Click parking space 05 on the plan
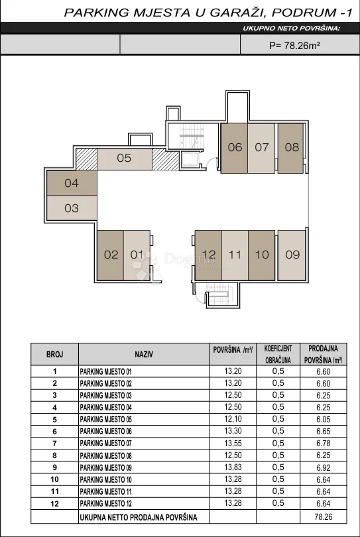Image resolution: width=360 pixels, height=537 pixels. coord(125,159)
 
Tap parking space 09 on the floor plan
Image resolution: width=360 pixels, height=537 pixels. coord(292,255)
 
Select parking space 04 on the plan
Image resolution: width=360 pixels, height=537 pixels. coord(72,183)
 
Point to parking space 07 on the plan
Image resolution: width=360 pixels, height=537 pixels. coord(261,148)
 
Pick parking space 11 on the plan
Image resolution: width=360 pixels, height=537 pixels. coord(235,255)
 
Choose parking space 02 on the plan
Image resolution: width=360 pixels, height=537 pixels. coord(110,255)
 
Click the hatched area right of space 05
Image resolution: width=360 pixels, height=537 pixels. coord(166,159)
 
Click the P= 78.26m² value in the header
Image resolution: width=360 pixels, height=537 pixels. coord(294,46)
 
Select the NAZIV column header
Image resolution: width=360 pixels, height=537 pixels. coord(144,355)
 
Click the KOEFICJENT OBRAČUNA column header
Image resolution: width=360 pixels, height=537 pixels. coord(278,355)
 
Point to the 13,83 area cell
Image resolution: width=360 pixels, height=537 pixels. coord(233,467)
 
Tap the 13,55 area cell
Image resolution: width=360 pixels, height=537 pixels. coord(233,444)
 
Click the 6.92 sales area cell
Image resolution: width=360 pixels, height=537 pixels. coord(324,467)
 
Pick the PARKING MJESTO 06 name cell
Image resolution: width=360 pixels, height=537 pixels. coord(106,432)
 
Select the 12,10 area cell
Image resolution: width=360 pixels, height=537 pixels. coord(233,419)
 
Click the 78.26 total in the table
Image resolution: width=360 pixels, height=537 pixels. coord(324,517)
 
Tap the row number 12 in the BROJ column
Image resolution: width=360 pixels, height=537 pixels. coord(55,504)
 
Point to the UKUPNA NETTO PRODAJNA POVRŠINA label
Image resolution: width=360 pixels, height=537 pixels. coord(139,517)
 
